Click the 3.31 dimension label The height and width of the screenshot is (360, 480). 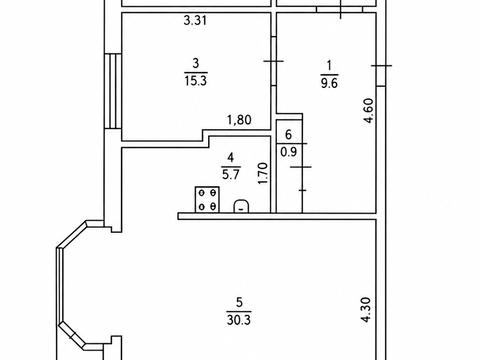pyautogui.click(x=195, y=21)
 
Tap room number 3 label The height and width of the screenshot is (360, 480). pyautogui.click(x=196, y=63)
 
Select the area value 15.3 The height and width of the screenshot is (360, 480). pyautogui.click(x=196, y=81)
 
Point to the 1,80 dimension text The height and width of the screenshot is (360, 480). pyautogui.click(x=239, y=120)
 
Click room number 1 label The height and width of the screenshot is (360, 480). pyautogui.click(x=330, y=65)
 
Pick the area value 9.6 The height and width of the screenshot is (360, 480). pyautogui.click(x=329, y=83)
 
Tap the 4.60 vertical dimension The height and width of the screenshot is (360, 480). pyautogui.click(x=369, y=110)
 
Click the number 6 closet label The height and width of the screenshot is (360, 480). pyautogui.click(x=289, y=135)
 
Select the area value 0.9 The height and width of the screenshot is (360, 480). pyautogui.click(x=289, y=152)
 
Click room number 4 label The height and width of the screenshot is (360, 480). pyautogui.click(x=231, y=156)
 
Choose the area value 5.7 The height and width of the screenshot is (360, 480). pyautogui.click(x=231, y=174)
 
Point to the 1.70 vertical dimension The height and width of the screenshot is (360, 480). pyautogui.click(x=263, y=173)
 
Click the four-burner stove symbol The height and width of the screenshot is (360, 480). pyautogui.click(x=207, y=200)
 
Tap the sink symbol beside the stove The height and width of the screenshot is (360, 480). pyautogui.click(x=241, y=206)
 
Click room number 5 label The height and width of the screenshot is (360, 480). pyautogui.click(x=239, y=303)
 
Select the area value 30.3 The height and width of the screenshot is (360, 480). pyautogui.click(x=239, y=320)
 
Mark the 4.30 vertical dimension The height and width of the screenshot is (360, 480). pyautogui.click(x=366, y=310)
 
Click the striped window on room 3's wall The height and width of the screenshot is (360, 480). pyautogui.click(x=113, y=91)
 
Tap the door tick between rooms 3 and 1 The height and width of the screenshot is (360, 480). pyautogui.click(x=273, y=61)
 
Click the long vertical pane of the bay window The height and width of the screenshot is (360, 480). pyautogui.click(x=59, y=285)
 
